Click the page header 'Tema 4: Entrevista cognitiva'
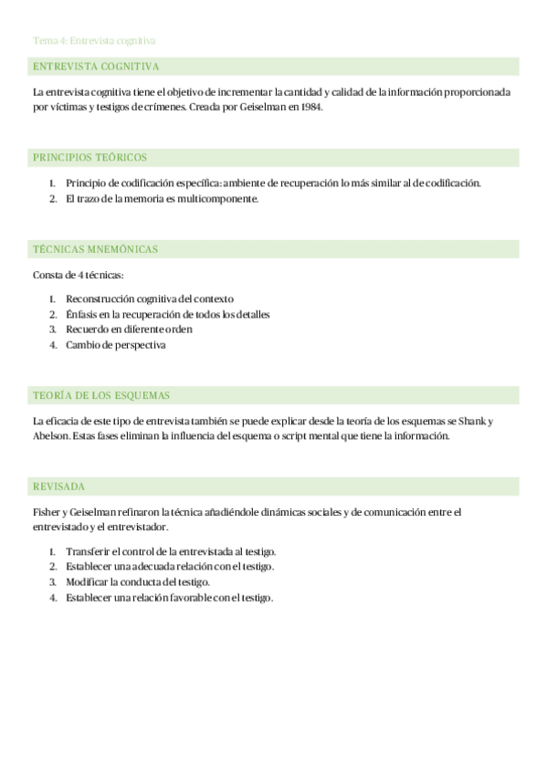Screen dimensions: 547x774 pos(94,40)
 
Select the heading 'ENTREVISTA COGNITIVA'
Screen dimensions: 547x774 pos(96,67)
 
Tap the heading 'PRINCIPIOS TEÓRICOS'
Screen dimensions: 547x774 pos(89,157)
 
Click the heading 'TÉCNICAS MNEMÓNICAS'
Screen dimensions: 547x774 pos(95,248)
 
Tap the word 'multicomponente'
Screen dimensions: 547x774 pos(219,199)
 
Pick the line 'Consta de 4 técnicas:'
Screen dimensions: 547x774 pos(79,275)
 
